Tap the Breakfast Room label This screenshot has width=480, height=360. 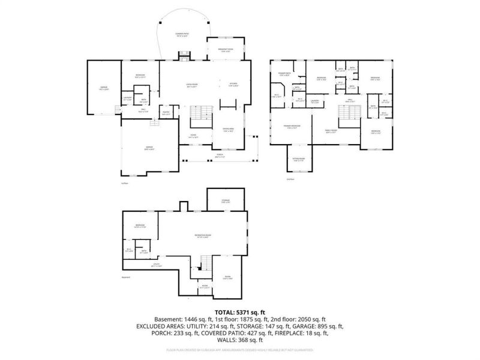(225, 50)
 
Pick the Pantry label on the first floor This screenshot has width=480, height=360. (166, 114)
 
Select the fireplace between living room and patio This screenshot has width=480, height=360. (183, 56)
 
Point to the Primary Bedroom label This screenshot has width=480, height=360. (292, 127)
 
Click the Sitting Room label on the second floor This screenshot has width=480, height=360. (298, 160)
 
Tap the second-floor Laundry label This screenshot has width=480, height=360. (314, 101)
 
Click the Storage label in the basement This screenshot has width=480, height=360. (226, 201)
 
